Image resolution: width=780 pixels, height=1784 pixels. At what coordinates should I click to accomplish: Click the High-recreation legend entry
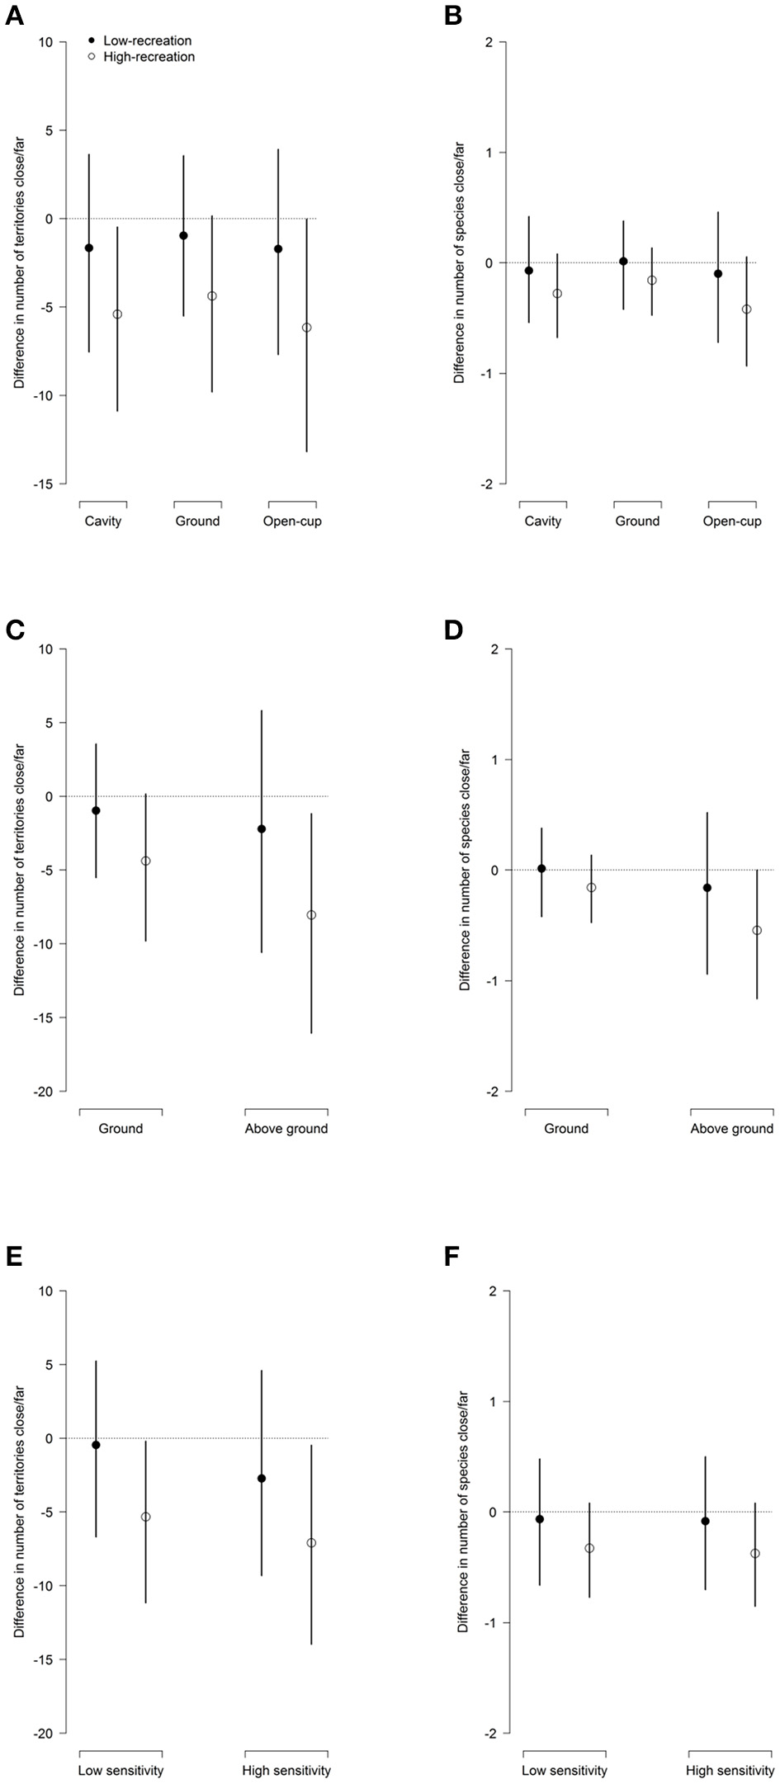(142, 57)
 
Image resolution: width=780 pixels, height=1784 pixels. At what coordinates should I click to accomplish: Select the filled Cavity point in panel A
(89, 248)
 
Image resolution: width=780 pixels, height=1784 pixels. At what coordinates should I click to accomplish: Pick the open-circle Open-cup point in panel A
(307, 328)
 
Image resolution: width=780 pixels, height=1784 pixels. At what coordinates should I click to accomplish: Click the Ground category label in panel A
(198, 522)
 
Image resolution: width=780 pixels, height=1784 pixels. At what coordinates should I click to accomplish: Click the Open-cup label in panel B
(733, 522)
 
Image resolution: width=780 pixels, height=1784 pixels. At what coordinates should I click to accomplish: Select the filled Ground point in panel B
(623, 262)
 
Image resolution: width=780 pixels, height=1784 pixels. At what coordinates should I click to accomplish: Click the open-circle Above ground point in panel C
(311, 915)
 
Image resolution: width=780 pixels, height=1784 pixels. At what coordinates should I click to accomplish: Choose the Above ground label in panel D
(732, 1129)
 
